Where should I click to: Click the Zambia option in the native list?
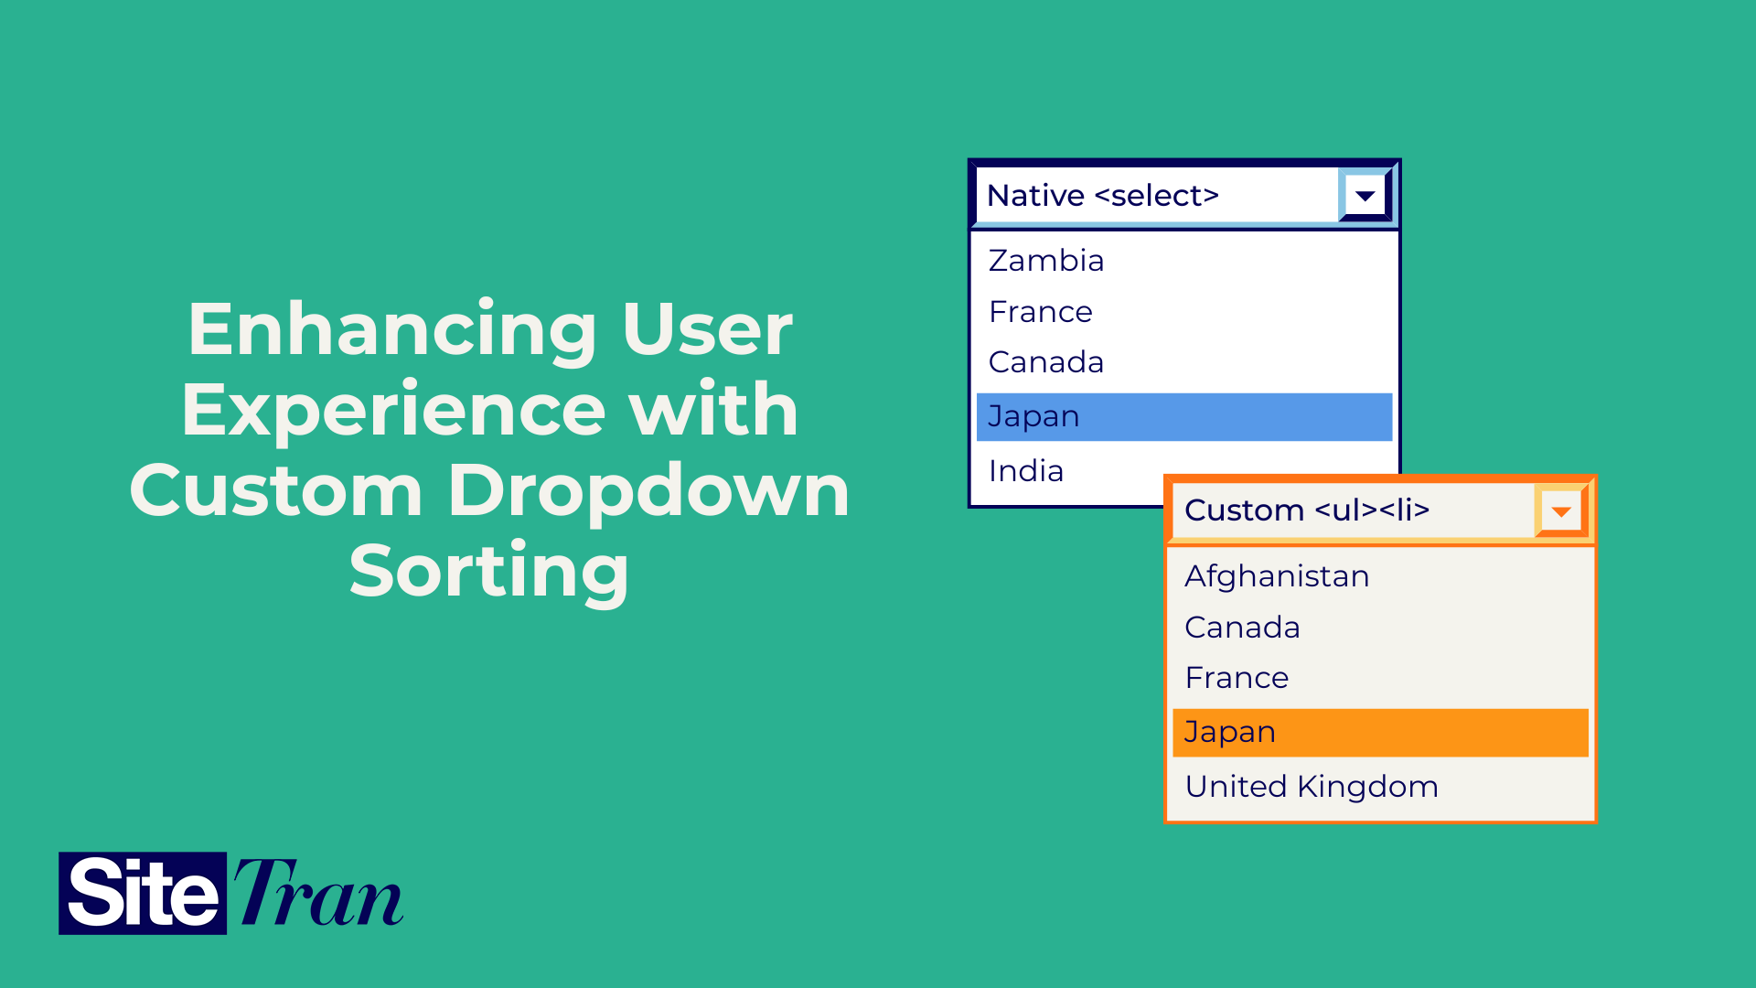(x=1046, y=261)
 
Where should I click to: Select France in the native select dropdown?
(x=1041, y=312)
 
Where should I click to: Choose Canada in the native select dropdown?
(x=1046, y=362)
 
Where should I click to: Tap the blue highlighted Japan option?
(x=1183, y=416)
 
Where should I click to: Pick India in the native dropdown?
(x=1026, y=471)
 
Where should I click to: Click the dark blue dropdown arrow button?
(x=1365, y=196)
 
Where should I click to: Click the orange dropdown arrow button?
(x=1561, y=511)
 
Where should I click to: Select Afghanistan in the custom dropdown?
(x=1277, y=576)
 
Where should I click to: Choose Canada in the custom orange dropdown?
(x=1242, y=628)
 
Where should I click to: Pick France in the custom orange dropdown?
(x=1237, y=678)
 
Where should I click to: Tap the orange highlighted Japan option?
(x=1379, y=733)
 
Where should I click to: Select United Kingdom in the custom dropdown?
(x=1312, y=787)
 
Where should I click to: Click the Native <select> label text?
(x=1103, y=196)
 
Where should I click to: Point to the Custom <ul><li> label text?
(x=1306, y=510)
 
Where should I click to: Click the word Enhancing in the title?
(x=392, y=329)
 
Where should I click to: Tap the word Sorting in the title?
(x=489, y=571)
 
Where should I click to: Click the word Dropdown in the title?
(x=648, y=490)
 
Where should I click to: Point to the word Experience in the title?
(x=393, y=410)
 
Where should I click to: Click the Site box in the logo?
(x=143, y=893)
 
